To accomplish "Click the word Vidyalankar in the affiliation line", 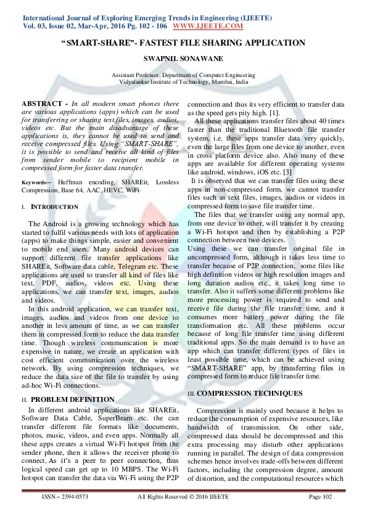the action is [x=136, y=81].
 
